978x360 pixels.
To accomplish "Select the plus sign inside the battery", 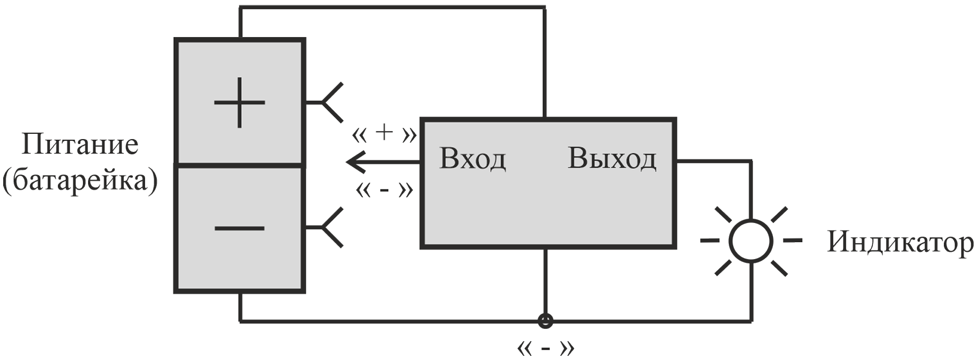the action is click(x=240, y=102).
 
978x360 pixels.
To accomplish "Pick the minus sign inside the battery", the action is click(x=240, y=228).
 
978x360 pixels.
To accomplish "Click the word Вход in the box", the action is click(x=473, y=159).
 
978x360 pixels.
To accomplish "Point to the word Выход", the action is click(x=612, y=159).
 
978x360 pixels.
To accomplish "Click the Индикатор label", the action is click(x=900, y=243).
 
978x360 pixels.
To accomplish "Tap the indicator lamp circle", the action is click(x=751, y=241).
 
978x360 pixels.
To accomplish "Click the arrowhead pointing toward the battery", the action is click(x=355, y=161).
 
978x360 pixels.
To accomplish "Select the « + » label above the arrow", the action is click(x=384, y=134).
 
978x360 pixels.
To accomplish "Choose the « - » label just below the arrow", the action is click(x=384, y=190).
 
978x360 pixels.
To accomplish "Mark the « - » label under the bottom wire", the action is click(x=545, y=348).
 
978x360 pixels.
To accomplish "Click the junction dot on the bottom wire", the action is click(x=545, y=321).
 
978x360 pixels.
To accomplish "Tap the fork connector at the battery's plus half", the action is click(x=325, y=102).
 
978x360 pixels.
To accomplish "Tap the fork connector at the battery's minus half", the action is click(x=325, y=228).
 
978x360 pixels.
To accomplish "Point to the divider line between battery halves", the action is click(x=240, y=166).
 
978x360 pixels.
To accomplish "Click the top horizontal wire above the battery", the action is click(x=392, y=8).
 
